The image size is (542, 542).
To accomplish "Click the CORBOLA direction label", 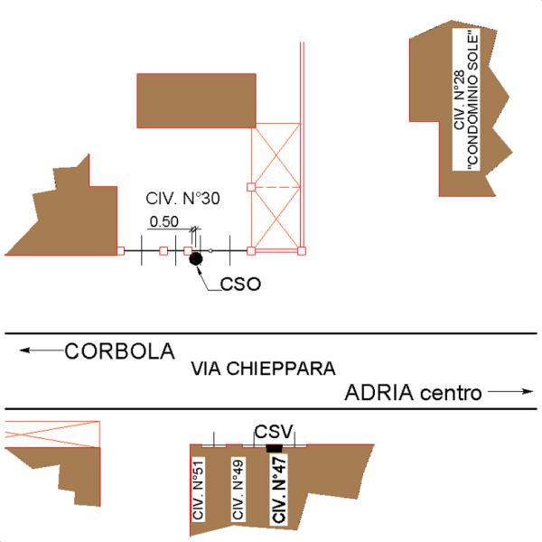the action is [120, 351].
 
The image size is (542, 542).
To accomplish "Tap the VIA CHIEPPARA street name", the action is [264, 369].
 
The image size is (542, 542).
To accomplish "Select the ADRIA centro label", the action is [413, 393].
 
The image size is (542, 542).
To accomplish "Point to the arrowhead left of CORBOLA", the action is [25, 350].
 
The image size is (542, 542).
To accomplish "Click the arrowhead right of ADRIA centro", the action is [528, 391].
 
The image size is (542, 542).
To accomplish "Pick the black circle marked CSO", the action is [196, 259].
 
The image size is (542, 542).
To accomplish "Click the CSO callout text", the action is [240, 285].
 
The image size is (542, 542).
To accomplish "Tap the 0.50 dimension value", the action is [164, 221].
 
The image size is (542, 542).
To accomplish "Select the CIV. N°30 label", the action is [182, 199].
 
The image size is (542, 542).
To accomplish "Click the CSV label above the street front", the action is [274, 432].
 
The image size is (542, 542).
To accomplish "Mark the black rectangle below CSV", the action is [274, 448].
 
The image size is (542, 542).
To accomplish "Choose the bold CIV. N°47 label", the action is [279, 489].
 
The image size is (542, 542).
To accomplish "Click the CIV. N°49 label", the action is [238, 489].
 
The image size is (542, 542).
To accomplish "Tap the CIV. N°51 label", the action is [199, 489].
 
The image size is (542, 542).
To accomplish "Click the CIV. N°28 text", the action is [459, 100].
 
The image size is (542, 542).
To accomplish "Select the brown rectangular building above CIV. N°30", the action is [196, 100].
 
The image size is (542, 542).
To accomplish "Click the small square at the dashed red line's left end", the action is [251, 187].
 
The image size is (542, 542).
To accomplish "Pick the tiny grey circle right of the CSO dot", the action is [210, 250].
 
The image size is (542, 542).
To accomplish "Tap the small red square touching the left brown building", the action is [121, 251].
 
